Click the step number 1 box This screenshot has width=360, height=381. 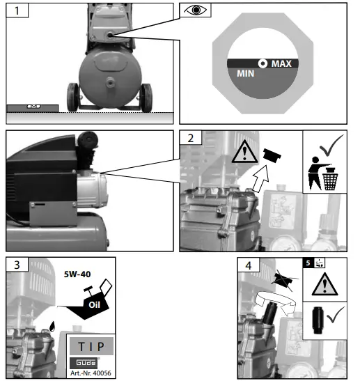point(17,10)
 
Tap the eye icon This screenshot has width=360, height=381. point(195,10)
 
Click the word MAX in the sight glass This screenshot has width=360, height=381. point(281,63)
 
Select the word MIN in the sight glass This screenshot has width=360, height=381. point(246,73)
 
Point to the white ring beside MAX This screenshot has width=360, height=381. point(263,63)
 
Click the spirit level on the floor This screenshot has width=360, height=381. point(32,109)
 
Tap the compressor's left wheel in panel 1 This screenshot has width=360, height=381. point(72,98)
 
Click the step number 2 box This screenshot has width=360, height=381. point(191,138)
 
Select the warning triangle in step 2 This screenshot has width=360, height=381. point(244,152)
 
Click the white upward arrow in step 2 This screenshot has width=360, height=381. point(261,178)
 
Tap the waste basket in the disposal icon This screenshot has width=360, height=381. point(330,181)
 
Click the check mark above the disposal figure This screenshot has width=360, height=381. point(332,146)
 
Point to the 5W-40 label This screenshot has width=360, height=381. point(77,274)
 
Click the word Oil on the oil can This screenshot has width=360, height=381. point(94,304)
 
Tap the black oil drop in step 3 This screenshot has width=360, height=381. point(52,327)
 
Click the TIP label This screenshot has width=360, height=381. point(91,346)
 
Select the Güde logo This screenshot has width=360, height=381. point(84,363)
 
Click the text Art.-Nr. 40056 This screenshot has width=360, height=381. point(91,373)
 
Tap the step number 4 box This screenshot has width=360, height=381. point(249,265)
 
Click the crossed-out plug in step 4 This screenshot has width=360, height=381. point(283,280)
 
